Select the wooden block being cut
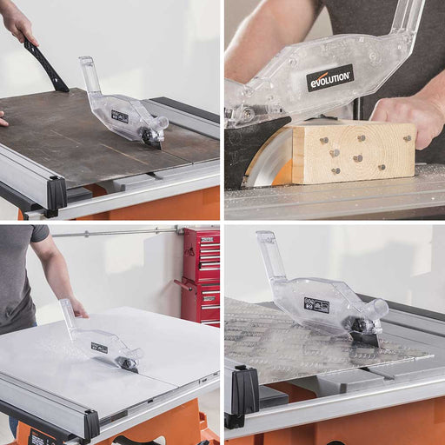352,153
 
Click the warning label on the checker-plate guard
316,305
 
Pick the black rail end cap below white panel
91,424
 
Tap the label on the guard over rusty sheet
119,116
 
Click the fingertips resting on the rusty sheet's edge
3,119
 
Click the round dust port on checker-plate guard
377,309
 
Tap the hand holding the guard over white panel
76,307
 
